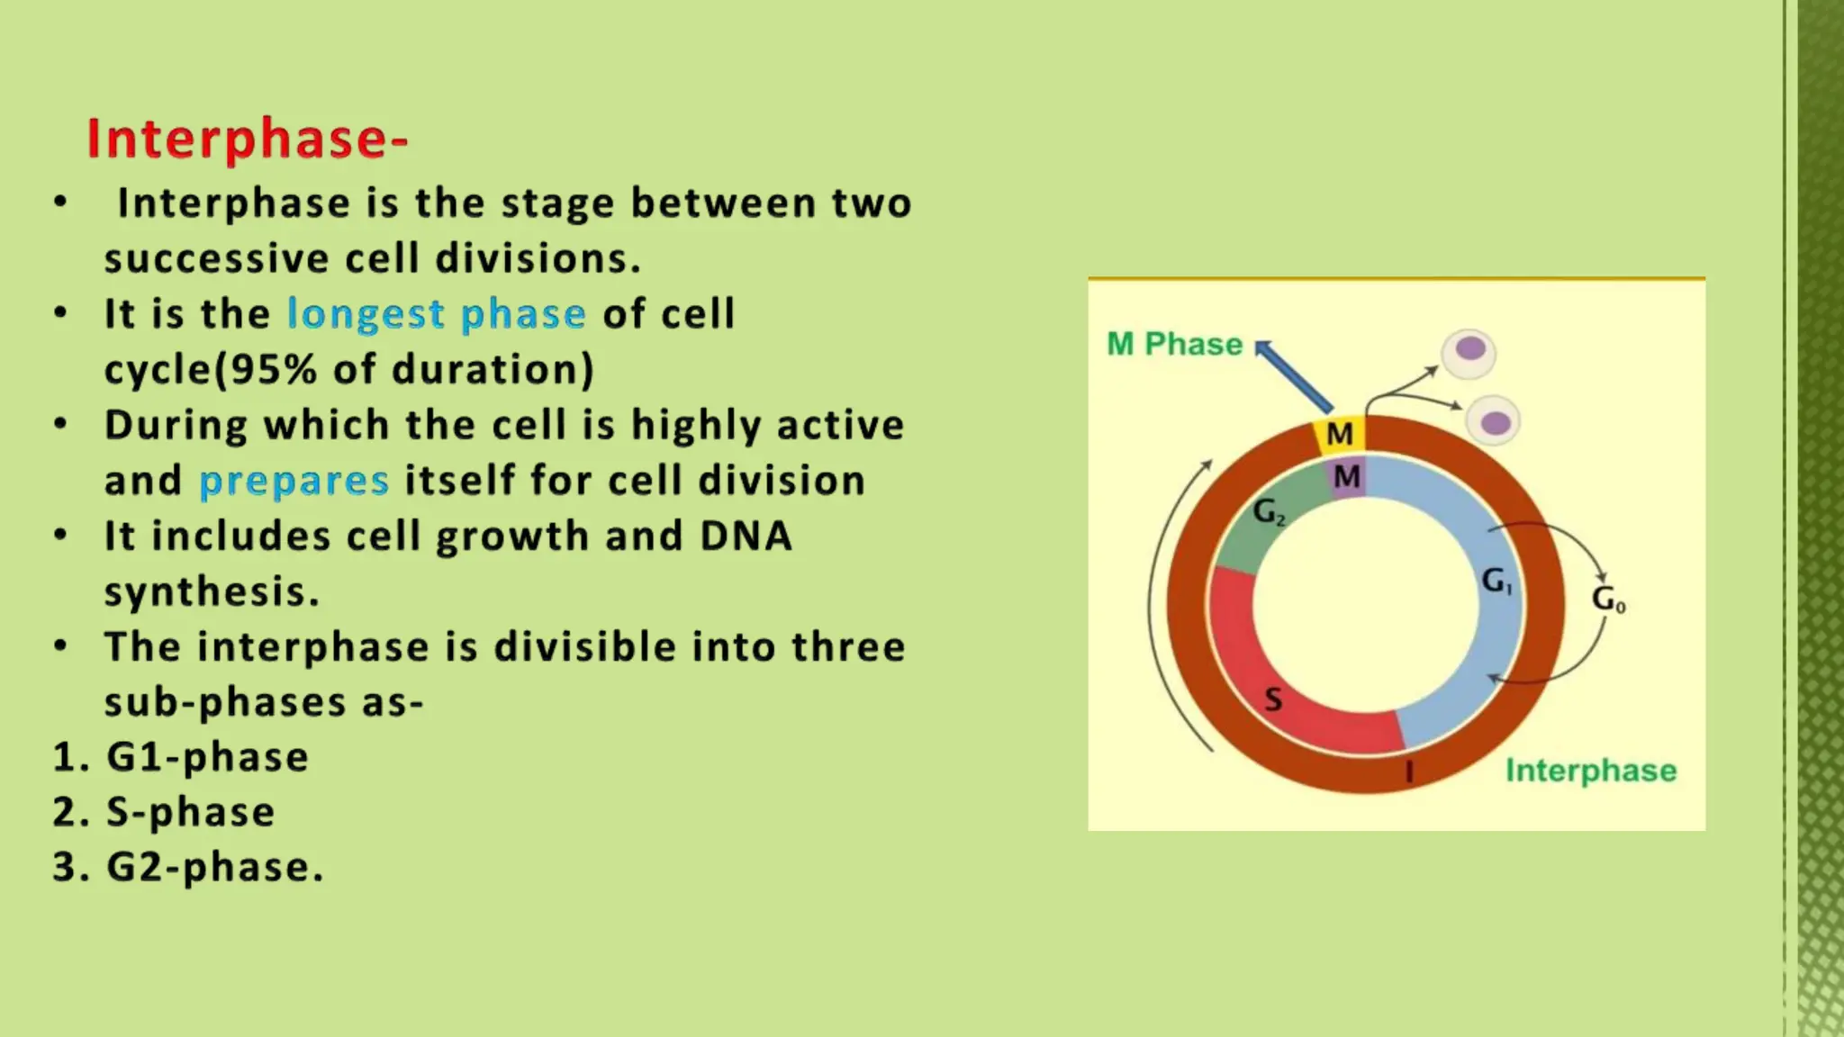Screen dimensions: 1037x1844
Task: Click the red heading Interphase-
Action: click(x=248, y=140)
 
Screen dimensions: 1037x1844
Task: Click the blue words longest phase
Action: click(x=436, y=314)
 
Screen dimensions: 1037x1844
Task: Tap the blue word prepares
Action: click(x=294, y=481)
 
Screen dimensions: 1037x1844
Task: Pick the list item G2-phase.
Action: click(x=214, y=868)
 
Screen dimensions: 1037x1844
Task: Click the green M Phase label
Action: click(x=1174, y=344)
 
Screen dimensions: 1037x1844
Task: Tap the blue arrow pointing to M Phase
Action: click(x=1293, y=376)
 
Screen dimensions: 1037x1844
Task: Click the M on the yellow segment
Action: click(x=1340, y=434)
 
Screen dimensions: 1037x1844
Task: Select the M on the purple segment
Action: click(x=1347, y=476)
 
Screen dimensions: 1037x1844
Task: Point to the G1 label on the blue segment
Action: click(x=1496, y=581)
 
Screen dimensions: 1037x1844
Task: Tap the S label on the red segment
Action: click(x=1273, y=699)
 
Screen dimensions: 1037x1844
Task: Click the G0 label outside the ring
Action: click(x=1608, y=599)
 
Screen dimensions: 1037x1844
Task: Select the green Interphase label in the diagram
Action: click(x=1591, y=771)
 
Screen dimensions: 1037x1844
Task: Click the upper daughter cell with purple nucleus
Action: click(x=1469, y=352)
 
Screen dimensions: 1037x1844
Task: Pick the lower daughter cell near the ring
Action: click(x=1494, y=421)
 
